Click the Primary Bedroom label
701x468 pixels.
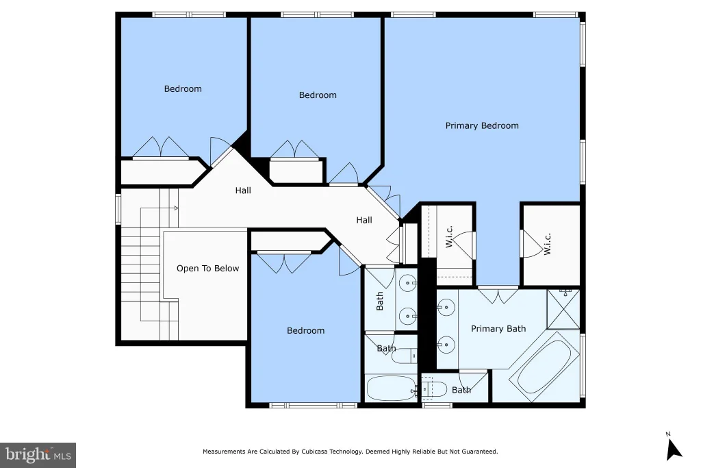pos(482,125)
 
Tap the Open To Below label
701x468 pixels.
pos(207,269)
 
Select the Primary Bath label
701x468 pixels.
pos(498,329)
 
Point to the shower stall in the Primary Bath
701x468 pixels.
pos(563,309)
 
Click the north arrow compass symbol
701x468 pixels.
pos(674,448)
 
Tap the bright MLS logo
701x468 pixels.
pos(38,456)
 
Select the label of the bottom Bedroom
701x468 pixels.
pos(306,331)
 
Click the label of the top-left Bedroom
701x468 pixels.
pos(183,88)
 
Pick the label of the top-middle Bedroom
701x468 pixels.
pos(318,95)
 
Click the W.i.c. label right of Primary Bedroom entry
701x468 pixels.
pos(547,244)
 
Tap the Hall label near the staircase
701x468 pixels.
pos(243,190)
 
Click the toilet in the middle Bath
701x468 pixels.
pos(404,356)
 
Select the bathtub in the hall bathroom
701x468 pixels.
pos(391,388)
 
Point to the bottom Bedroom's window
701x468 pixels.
pos(313,406)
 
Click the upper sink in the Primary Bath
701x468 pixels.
pos(446,308)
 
